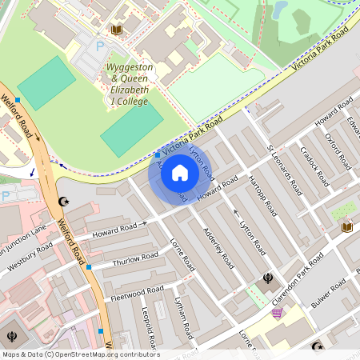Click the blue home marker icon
(x=180, y=173)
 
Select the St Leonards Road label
(x=284, y=170)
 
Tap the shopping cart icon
(x=277, y=313)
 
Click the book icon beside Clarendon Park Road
(x=346, y=228)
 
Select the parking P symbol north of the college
(x=101, y=47)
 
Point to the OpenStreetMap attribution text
(x=81, y=354)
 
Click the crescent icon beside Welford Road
(x=63, y=203)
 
